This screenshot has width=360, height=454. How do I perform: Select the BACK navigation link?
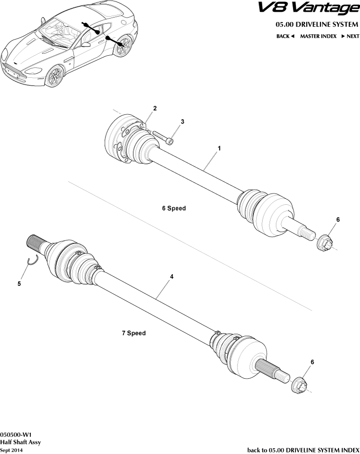[x=285, y=36]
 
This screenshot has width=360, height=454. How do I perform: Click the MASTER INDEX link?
[x=318, y=36]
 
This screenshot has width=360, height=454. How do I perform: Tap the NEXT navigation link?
[x=350, y=36]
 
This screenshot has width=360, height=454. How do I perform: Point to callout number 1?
[x=219, y=148]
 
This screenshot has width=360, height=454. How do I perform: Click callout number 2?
[x=155, y=108]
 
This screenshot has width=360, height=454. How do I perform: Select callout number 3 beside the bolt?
[x=182, y=121]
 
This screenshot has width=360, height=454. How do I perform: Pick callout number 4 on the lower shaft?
[x=172, y=277]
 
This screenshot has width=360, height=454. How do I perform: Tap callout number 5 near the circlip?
[x=19, y=283]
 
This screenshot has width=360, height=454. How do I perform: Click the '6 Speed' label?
[x=174, y=208]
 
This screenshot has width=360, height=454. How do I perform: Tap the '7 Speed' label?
[x=134, y=333]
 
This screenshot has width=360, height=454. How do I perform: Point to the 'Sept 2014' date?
[x=11, y=450]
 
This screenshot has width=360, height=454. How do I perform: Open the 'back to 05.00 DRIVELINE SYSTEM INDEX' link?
[x=303, y=450]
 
